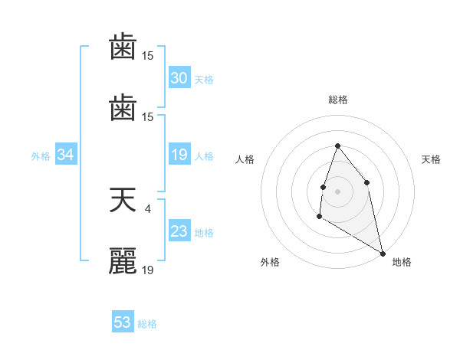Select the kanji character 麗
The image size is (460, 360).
pyautogui.click(x=123, y=261)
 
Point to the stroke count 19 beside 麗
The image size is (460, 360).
pyautogui.click(x=148, y=269)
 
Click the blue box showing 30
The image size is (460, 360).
pyautogui.click(x=179, y=78)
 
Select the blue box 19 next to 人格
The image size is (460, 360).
pyautogui.click(x=179, y=155)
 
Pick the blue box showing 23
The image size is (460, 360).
pyautogui.click(x=179, y=231)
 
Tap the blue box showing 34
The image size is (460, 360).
pyautogui.click(x=66, y=155)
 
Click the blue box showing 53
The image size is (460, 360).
pyautogui.click(x=123, y=322)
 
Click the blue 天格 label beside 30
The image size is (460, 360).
pyautogui.click(x=204, y=80)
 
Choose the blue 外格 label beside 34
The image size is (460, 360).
pyautogui.click(x=41, y=156)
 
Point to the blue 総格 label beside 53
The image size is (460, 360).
pyautogui.click(x=147, y=324)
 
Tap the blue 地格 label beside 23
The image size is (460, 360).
pyautogui.click(x=204, y=233)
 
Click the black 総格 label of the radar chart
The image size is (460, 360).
pyautogui.click(x=337, y=100)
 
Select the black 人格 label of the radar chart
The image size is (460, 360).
pyautogui.click(x=245, y=159)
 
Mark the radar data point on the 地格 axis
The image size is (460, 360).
pyautogui.click(x=383, y=253)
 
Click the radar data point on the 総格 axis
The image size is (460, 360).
pyautogui.click(x=337, y=146)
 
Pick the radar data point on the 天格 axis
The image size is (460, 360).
pyautogui.click(x=367, y=182)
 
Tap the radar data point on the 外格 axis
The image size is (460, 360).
pyautogui.click(x=320, y=217)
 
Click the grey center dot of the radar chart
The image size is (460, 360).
pyautogui.click(x=337, y=191)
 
